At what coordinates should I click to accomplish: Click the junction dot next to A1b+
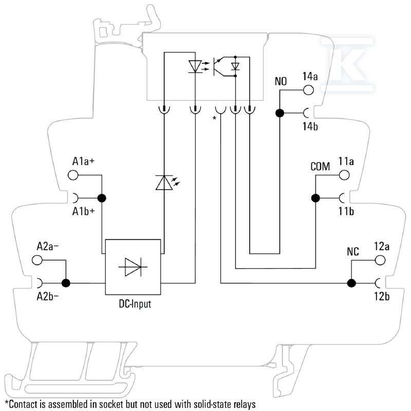(x=102, y=198)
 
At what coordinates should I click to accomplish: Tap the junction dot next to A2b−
(x=66, y=283)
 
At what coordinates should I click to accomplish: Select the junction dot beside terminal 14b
(x=279, y=113)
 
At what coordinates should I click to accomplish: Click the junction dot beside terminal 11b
(x=315, y=198)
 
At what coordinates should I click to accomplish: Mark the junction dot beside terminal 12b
(x=351, y=283)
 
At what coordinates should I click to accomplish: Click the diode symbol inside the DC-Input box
(x=133, y=267)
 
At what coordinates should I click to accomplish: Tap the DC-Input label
(x=135, y=304)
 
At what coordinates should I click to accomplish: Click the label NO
(x=281, y=81)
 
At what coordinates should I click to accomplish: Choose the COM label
(x=320, y=166)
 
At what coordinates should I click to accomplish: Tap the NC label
(x=353, y=252)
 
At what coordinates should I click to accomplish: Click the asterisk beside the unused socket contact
(x=214, y=118)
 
